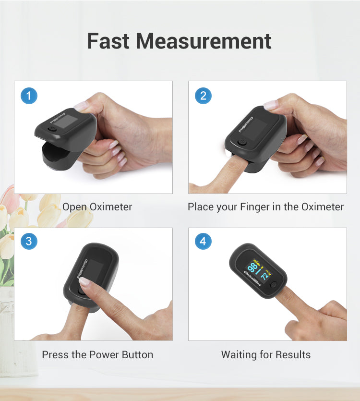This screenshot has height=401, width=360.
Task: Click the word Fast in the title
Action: (108, 41)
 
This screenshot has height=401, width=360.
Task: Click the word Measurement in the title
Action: (204, 41)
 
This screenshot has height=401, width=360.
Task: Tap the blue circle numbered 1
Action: (29, 96)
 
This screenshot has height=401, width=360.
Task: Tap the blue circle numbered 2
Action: (203, 96)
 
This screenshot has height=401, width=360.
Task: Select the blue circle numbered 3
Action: (29, 241)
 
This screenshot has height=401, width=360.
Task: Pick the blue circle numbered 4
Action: (203, 241)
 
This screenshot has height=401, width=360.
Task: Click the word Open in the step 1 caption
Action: (74, 207)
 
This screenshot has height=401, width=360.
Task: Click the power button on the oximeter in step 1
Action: (52, 129)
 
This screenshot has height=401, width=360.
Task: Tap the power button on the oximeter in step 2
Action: (242, 142)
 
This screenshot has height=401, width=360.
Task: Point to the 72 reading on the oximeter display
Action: (265, 275)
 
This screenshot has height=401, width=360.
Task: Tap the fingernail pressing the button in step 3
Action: (84, 281)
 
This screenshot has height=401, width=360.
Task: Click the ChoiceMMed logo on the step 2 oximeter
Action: (246, 124)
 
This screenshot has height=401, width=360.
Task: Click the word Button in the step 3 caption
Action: (138, 355)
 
